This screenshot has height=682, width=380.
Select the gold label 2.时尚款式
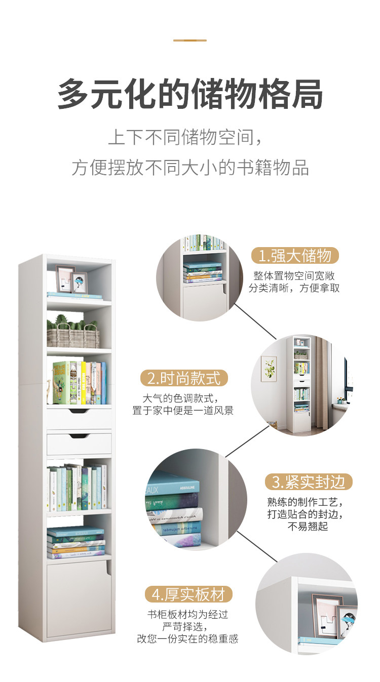pos(184,378)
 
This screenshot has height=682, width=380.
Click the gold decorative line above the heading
pos(190,40)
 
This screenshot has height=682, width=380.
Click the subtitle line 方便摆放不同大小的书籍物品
pos(190,168)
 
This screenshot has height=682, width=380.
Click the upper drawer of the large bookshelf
pos(79,418)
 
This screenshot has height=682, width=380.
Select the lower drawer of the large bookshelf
pos(79,443)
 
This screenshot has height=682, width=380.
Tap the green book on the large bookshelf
pos(61,382)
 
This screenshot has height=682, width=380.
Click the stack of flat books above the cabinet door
pos(75,543)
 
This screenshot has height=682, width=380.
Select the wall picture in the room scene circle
pos(269,369)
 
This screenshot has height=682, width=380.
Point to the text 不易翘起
pos(308,527)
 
